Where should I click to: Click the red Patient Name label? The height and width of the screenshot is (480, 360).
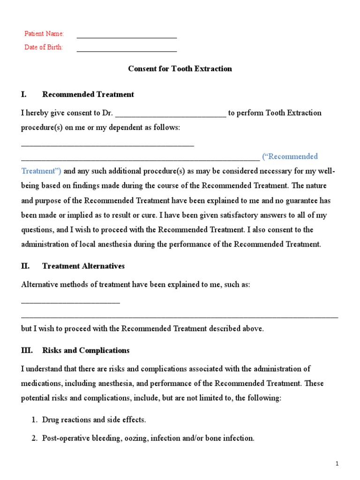point(44,34)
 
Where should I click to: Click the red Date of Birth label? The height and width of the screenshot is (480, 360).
point(44,47)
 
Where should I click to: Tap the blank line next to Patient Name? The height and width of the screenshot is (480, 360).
point(127,37)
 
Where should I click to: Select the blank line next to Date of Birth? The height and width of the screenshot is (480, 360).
point(127,51)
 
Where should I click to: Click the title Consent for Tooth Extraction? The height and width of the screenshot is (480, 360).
point(180,68)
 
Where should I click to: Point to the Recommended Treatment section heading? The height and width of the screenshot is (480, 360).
point(88,94)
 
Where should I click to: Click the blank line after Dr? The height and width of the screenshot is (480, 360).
point(171,115)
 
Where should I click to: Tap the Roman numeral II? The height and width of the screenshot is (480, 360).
point(25,266)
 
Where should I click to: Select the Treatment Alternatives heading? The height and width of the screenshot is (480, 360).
point(83,266)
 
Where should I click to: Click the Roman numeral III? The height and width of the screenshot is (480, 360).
point(27,350)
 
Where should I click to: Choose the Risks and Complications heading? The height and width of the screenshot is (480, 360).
point(86,350)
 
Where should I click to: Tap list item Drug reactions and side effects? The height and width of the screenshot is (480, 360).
point(93,420)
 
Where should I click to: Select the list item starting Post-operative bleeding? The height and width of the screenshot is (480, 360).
point(148,438)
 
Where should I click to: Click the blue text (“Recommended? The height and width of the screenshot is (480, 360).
point(290,156)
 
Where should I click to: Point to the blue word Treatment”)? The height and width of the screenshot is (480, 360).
point(41,171)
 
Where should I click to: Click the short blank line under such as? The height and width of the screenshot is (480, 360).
point(70,303)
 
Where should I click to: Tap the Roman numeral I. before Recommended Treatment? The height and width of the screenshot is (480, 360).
point(23,94)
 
